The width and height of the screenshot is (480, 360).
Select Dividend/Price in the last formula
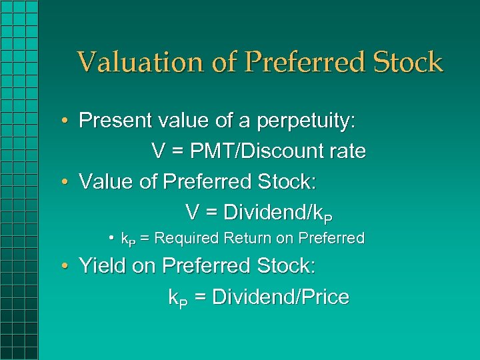pyautogui.click(x=281, y=297)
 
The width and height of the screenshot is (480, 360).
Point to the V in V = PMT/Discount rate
pyautogui.click(x=159, y=151)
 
